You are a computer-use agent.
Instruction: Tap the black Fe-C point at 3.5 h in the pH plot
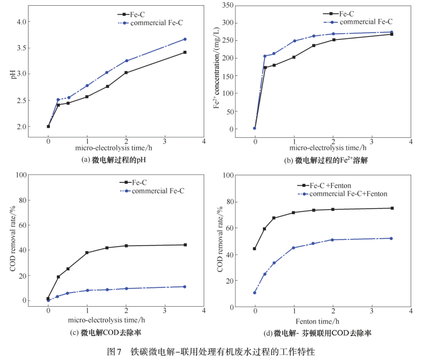185,52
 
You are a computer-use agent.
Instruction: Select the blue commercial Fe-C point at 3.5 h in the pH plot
185,39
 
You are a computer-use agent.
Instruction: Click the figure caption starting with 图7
211,352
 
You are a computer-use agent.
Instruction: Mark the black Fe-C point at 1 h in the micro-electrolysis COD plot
87,253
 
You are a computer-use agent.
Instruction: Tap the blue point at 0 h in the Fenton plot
255,293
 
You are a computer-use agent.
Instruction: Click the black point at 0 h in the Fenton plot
255,248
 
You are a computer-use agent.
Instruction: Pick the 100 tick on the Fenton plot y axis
227,175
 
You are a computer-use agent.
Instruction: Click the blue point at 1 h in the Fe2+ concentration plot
294,41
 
